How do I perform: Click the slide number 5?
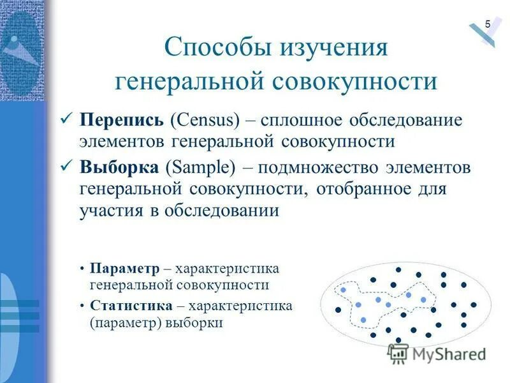coord(488,24)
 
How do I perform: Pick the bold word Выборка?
coord(119,168)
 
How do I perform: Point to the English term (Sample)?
coord(200,168)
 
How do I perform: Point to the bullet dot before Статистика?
coord(84,306)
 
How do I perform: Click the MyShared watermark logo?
coord(437,353)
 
